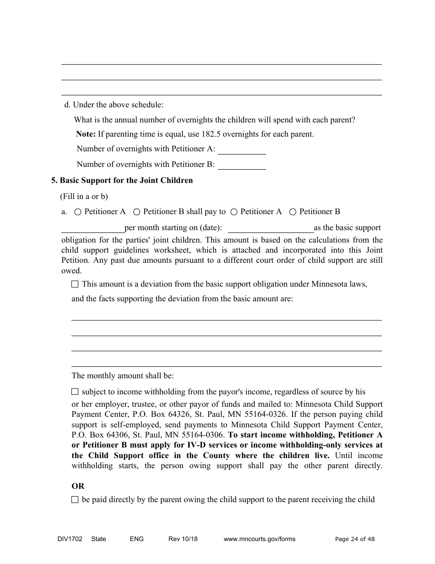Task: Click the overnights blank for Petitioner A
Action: point(241,149)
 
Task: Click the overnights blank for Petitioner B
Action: point(241,165)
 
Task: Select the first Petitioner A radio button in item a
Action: point(78,212)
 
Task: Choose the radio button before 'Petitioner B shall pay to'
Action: point(136,212)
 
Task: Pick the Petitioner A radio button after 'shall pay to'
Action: point(234,212)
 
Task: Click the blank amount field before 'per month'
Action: point(93,228)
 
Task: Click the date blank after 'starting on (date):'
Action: point(270,228)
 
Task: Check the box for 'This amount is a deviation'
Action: point(75,284)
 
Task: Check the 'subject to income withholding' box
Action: point(75,392)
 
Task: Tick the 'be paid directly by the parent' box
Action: point(75,500)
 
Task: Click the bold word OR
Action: point(78,486)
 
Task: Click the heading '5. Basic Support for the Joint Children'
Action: point(122,181)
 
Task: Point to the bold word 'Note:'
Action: point(86,134)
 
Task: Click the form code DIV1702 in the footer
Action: point(67,539)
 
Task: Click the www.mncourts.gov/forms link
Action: point(259,539)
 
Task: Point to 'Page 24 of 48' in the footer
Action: point(355,539)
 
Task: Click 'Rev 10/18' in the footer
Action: point(183,539)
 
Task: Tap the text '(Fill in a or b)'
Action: point(84,197)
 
